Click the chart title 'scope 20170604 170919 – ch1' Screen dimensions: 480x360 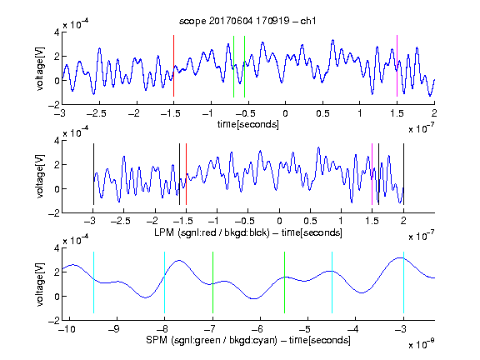(x=247, y=21)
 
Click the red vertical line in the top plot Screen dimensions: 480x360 (x=173, y=66)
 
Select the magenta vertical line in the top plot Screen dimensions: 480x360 (x=397, y=66)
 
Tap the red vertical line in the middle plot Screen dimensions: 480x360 (x=186, y=174)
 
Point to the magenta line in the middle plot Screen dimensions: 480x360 (x=372, y=174)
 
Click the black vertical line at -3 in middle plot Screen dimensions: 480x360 (x=93, y=174)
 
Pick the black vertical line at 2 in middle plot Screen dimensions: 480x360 (x=403, y=174)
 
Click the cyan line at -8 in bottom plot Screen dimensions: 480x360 (x=164, y=282)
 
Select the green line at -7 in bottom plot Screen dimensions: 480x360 (x=212, y=282)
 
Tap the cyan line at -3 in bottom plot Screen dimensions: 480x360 (x=403, y=282)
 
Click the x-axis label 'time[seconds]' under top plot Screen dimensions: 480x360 (x=248, y=124)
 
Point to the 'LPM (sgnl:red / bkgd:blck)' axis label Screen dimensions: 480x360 (x=212, y=232)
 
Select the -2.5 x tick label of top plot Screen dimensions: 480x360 (x=96, y=113)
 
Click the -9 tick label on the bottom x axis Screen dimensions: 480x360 (x=114, y=329)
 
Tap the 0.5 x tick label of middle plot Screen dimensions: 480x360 (x=310, y=221)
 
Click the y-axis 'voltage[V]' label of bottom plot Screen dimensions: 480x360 (x=40, y=285)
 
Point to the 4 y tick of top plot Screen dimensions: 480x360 (x=57, y=32)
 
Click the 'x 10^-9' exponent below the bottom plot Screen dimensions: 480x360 (x=421, y=344)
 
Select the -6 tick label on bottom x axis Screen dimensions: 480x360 (x=257, y=329)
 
